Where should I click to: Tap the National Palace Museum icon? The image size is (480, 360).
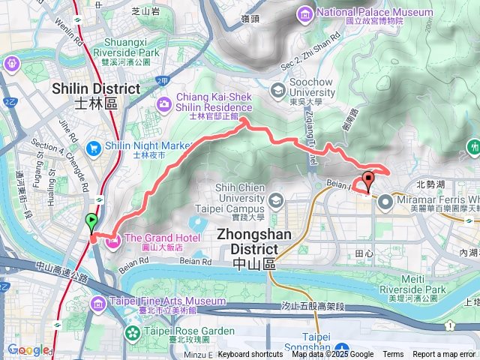[x=305, y=13]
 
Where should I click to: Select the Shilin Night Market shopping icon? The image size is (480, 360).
[x=94, y=145]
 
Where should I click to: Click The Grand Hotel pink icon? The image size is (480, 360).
[x=114, y=241]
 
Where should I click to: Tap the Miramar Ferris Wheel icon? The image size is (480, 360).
[x=385, y=200]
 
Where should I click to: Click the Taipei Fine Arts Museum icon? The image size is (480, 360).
[x=98, y=302]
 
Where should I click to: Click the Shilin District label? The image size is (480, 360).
[x=96, y=95]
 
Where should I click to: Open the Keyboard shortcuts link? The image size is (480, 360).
[x=250, y=355]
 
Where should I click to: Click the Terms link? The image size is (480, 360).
[x=393, y=355]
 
